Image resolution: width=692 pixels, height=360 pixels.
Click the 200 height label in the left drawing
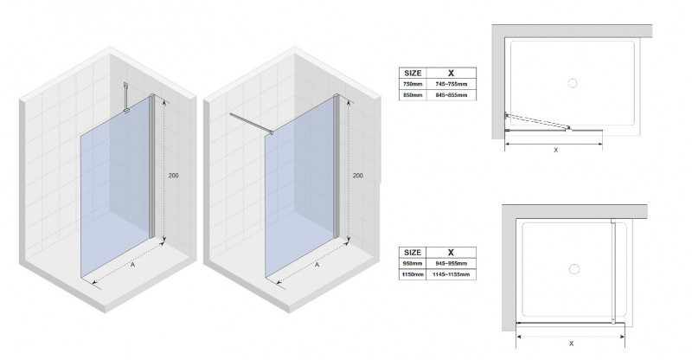click(x=174, y=176)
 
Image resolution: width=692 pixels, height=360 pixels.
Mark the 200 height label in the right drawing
click(x=358, y=176)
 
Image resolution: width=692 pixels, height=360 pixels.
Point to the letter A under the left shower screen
click(x=131, y=267)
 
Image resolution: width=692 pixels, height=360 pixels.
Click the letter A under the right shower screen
click(x=317, y=266)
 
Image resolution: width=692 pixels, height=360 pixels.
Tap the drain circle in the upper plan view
click(x=570, y=83)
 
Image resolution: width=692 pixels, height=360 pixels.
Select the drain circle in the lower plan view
click(x=572, y=270)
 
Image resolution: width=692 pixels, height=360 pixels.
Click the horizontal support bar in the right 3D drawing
click(x=250, y=122)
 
